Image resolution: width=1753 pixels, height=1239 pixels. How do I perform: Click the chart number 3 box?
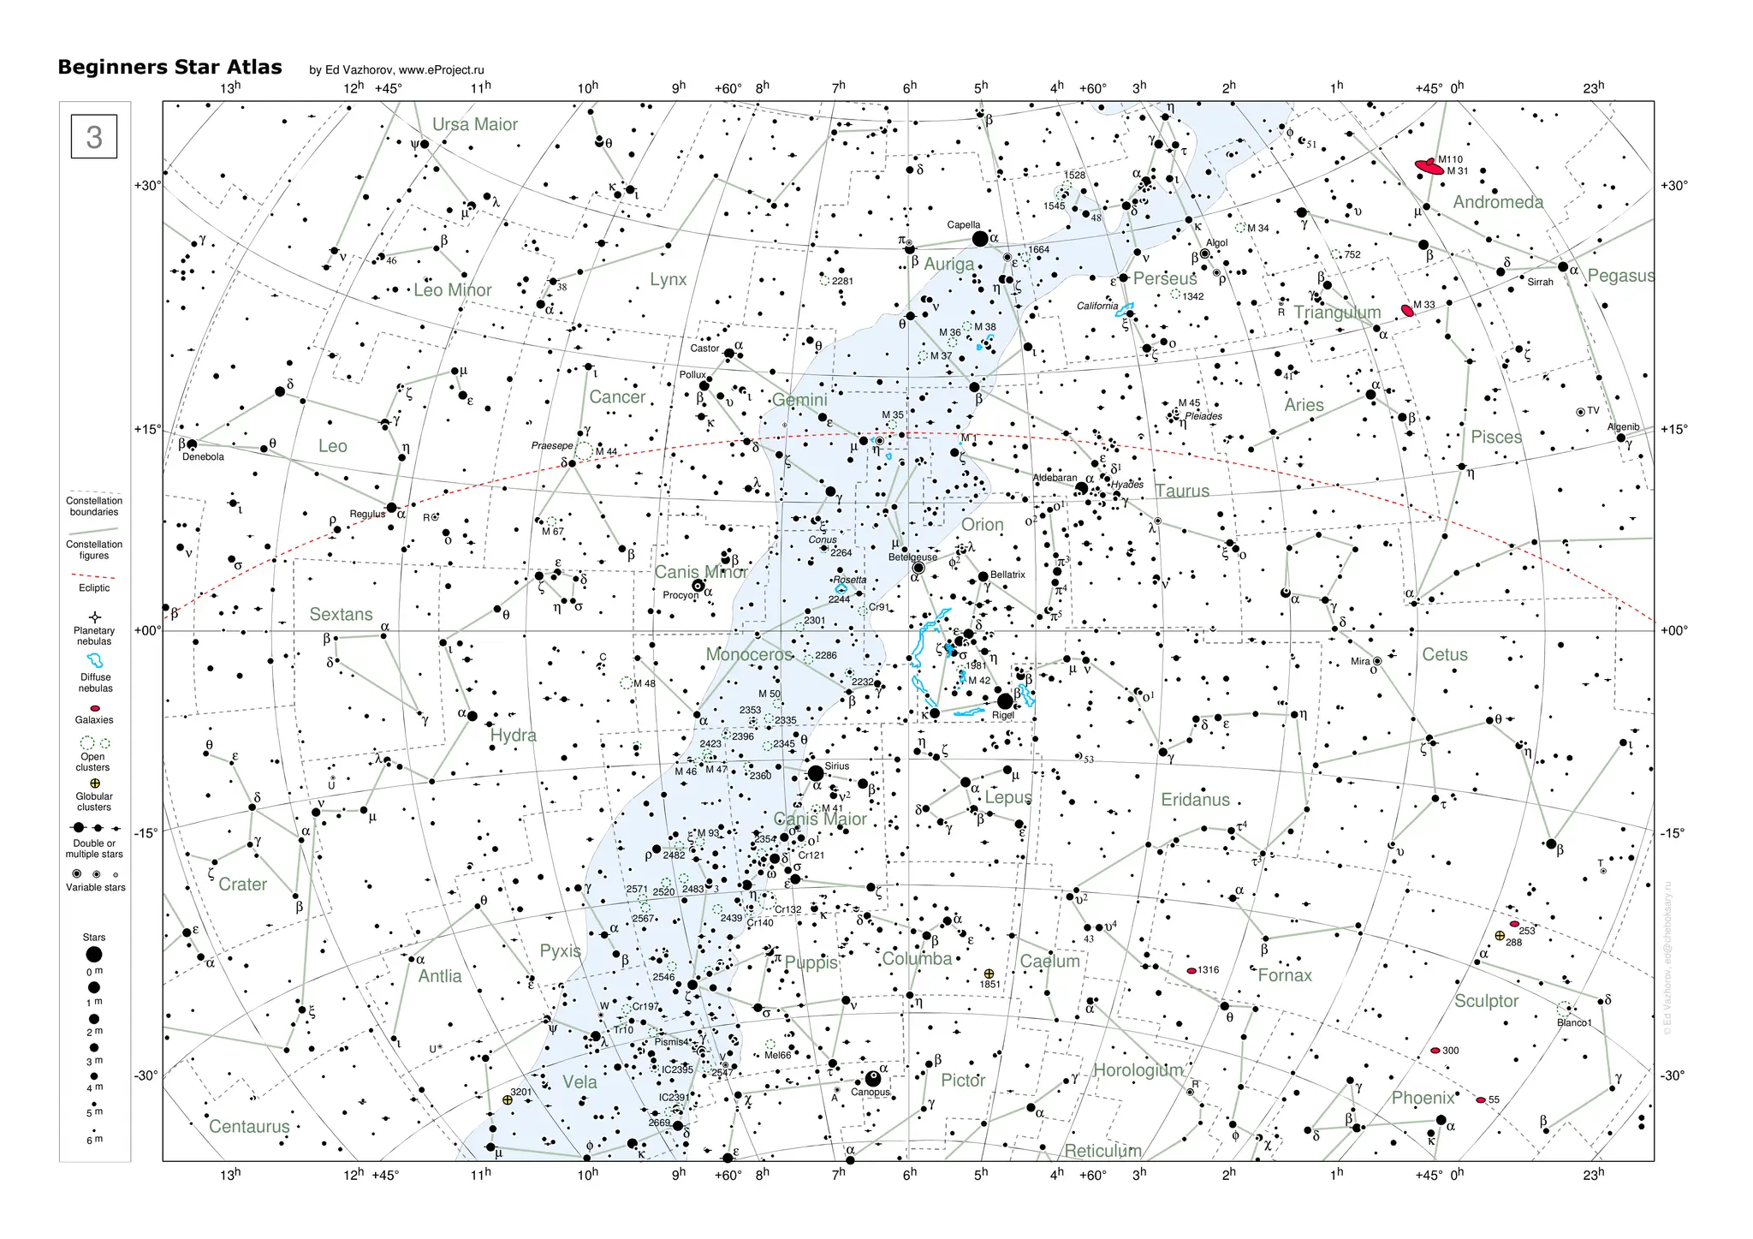(94, 137)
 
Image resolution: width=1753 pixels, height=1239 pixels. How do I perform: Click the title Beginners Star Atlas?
(169, 68)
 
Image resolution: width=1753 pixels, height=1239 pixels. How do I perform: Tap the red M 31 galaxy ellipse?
(1428, 167)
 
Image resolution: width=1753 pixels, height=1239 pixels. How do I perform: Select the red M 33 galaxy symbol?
(1406, 310)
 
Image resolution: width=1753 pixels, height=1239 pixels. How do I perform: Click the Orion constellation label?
(982, 525)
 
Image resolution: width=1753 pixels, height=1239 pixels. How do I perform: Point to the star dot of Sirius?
(816, 774)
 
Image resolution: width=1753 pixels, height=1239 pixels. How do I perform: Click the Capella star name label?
(963, 225)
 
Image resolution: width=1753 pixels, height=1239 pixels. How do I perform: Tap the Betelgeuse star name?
(912, 557)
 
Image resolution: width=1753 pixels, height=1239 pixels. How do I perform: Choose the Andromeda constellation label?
(1498, 203)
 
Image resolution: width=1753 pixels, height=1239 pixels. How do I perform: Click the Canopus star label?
(870, 1092)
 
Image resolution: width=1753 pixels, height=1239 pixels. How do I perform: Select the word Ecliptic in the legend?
(94, 588)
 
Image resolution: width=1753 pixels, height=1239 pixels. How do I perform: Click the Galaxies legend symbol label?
(94, 720)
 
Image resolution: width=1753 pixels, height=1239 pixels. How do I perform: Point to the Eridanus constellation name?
(1195, 800)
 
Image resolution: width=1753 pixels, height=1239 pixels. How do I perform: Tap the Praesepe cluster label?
(552, 446)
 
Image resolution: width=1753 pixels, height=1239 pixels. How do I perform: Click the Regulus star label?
(367, 515)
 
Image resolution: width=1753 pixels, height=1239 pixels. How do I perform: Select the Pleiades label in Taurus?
(1203, 416)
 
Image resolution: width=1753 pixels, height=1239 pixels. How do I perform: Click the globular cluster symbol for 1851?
(989, 974)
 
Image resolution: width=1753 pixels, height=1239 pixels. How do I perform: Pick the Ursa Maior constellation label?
(474, 125)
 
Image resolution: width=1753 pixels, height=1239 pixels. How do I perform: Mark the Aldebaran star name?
(1055, 478)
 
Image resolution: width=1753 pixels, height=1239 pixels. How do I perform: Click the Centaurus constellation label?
(249, 1127)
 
